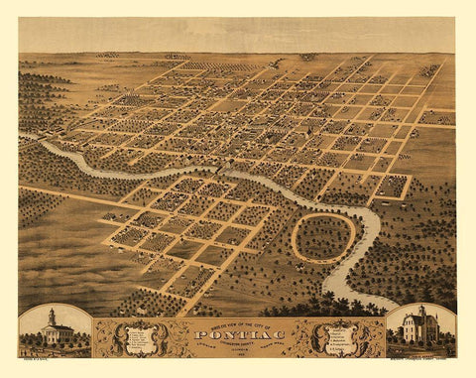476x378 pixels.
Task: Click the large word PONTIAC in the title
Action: click(x=236, y=336)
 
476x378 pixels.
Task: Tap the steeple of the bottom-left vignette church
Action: click(x=52, y=316)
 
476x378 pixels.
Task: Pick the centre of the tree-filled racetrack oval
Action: click(x=323, y=238)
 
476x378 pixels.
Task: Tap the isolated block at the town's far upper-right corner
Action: click(x=429, y=70)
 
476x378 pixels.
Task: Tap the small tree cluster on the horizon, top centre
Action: click(x=308, y=57)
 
